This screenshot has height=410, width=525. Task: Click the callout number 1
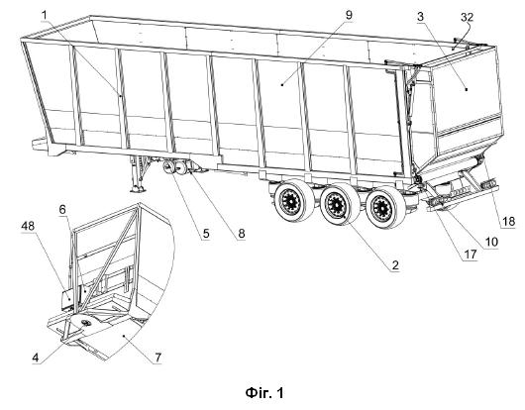(x=45, y=15)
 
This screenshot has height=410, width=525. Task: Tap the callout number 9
(x=349, y=15)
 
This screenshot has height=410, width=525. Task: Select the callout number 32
(x=467, y=17)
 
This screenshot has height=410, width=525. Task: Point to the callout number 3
(x=421, y=16)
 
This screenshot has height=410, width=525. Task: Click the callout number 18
(x=508, y=221)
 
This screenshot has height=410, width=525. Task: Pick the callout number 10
(x=491, y=242)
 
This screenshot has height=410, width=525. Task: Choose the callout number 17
(x=471, y=255)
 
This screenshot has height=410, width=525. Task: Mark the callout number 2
(x=395, y=264)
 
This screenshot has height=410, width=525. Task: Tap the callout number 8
(x=242, y=234)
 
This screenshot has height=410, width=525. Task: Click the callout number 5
(x=206, y=234)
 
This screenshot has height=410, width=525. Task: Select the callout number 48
(x=28, y=226)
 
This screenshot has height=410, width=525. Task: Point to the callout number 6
(x=62, y=210)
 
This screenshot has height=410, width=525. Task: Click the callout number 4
(x=36, y=358)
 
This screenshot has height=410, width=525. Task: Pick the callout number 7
(x=158, y=358)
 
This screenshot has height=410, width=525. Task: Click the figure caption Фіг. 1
(x=264, y=392)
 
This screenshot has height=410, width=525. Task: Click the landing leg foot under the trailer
(x=138, y=189)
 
